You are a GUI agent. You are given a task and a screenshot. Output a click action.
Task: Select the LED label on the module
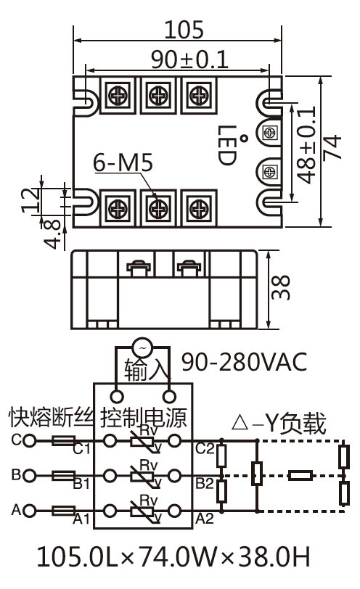[x=228, y=146]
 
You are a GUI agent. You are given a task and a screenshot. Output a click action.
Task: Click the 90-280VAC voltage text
[x=243, y=361]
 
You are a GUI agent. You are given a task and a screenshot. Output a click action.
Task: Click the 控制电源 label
[x=144, y=417]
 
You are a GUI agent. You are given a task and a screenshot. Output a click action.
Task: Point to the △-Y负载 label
[x=278, y=423]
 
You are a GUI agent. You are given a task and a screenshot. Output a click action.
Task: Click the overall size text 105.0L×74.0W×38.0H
[x=173, y=558]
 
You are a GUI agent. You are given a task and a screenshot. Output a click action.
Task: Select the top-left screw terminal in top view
[x=117, y=94]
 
